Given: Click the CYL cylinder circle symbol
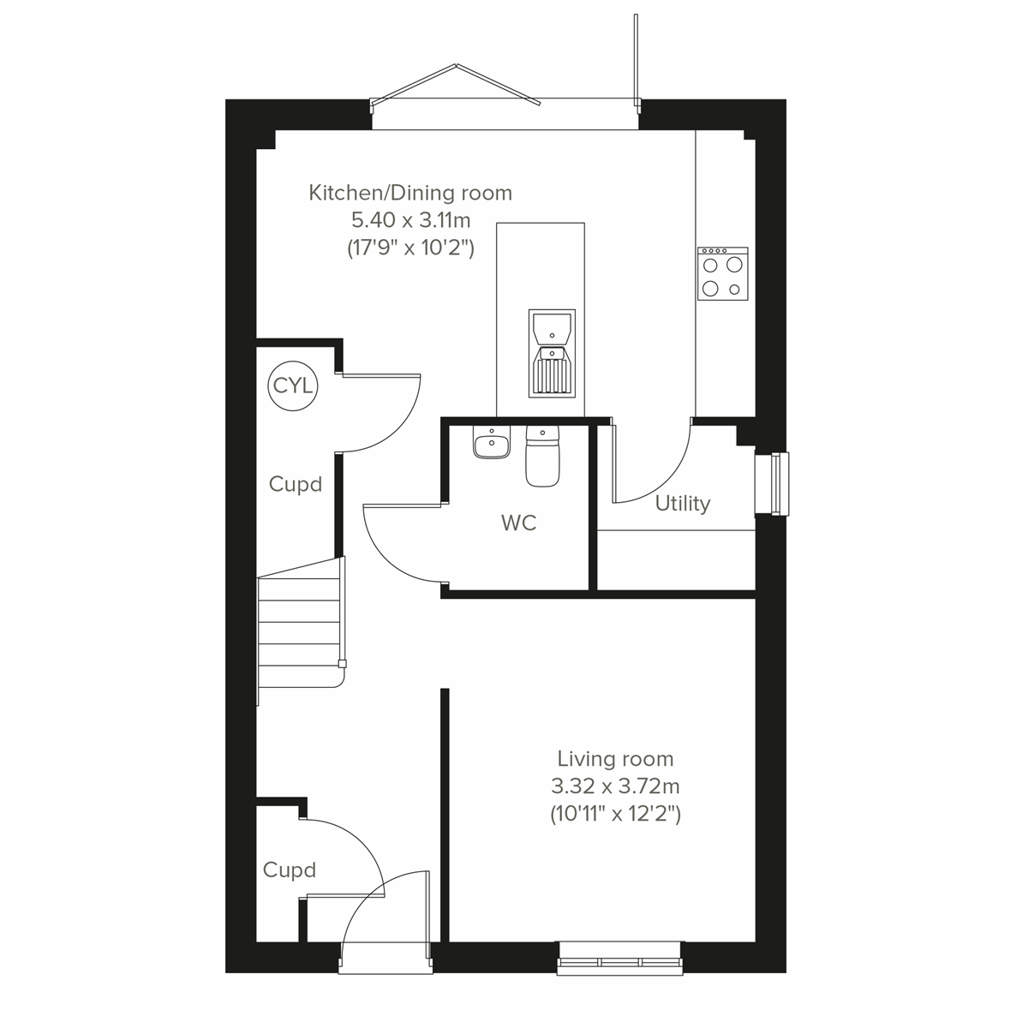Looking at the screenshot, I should (x=293, y=385).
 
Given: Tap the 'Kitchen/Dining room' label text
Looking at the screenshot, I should (x=410, y=193).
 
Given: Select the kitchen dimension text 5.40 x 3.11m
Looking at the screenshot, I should (x=410, y=220).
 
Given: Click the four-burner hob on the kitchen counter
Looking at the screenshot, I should (x=722, y=274).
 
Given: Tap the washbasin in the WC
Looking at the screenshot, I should (x=491, y=444).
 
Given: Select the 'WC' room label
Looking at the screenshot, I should (x=519, y=523).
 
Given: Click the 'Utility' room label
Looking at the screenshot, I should (x=683, y=503).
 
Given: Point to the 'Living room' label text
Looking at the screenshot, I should (x=615, y=758).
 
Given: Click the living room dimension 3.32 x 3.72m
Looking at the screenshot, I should (x=615, y=786).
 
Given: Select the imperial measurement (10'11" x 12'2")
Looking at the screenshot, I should (x=615, y=813).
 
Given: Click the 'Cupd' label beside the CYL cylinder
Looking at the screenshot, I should (x=296, y=484).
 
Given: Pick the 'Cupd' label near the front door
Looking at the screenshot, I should (x=290, y=870).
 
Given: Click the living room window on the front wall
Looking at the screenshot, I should (x=620, y=958).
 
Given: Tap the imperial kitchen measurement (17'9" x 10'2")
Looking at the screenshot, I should (x=410, y=248).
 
